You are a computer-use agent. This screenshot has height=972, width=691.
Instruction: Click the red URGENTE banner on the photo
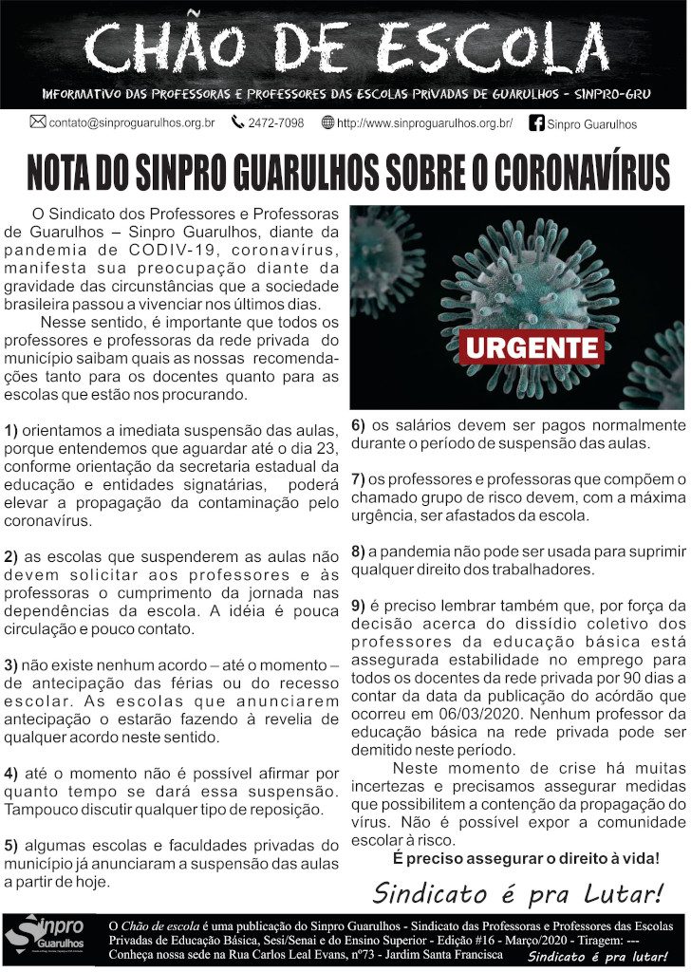click(532, 347)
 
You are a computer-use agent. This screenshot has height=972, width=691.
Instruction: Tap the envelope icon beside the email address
click(38, 122)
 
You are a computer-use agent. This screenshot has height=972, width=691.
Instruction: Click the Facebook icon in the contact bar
click(536, 122)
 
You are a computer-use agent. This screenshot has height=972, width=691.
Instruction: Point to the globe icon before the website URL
click(328, 122)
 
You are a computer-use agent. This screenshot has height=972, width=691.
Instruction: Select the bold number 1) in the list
click(11, 431)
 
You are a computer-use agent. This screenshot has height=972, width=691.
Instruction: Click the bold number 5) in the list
click(11, 845)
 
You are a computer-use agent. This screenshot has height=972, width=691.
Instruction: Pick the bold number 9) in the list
click(359, 606)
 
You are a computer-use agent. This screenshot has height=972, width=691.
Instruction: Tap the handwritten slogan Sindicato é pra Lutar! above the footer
click(517, 893)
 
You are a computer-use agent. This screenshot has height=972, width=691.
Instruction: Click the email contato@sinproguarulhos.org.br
click(132, 123)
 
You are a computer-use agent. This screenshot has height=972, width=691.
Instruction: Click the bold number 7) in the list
click(359, 480)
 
